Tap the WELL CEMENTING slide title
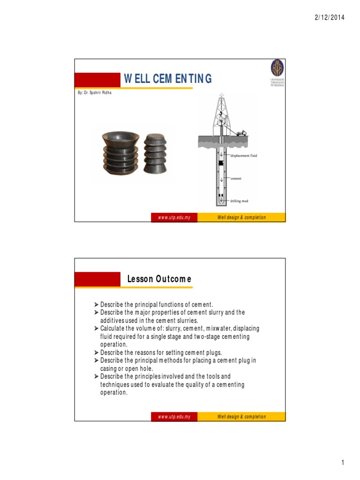click(168, 79)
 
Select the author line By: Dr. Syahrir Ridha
click(95, 93)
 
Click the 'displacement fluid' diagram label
click(244, 155)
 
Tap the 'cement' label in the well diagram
click(236, 179)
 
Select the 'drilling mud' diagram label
click(239, 201)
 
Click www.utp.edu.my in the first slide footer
click(174, 217)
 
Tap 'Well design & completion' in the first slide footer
click(241, 217)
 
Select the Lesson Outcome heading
click(159, 279)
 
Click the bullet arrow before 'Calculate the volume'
click(97, 328)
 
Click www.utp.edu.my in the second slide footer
click(174, 417)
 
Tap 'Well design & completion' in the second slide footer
click(241, 417)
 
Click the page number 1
click(343, 464)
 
